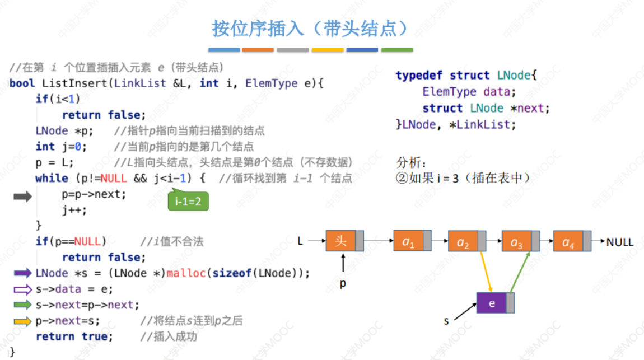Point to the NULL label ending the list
click(620, 242)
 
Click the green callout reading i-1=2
click(188, 201)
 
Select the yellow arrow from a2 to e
click(485, 272)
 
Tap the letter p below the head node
click(343, 283)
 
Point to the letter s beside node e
click(446, 321)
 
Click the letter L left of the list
click(300, 241)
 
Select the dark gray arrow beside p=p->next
click(23, 196)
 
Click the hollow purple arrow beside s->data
click(22, 289)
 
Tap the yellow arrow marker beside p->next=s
click(22, 321)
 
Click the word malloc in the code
click(183, 273)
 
